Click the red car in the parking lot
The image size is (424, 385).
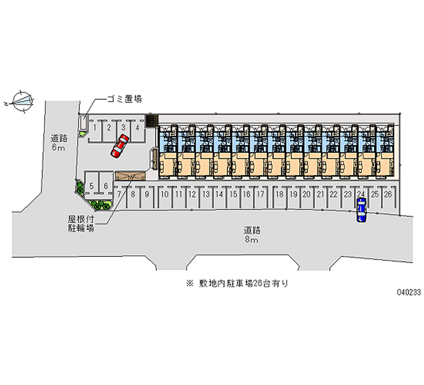click(x=120, y=146)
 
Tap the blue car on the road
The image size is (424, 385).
click(x=361, y=210)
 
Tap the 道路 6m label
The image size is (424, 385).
click(x=58, y=143)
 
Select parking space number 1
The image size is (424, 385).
click(x=95, y=127)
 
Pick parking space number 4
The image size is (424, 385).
click(x=137, y=127)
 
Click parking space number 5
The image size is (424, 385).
click(x=92, y=186)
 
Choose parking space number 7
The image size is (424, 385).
click(x=120, y=194)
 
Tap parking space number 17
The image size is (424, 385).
click(x=260, y=194)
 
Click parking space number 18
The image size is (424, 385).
click(x=279, y=194)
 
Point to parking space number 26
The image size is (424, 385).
click(x=388, y=194)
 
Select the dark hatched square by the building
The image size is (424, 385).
click(x=152, y=121)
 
